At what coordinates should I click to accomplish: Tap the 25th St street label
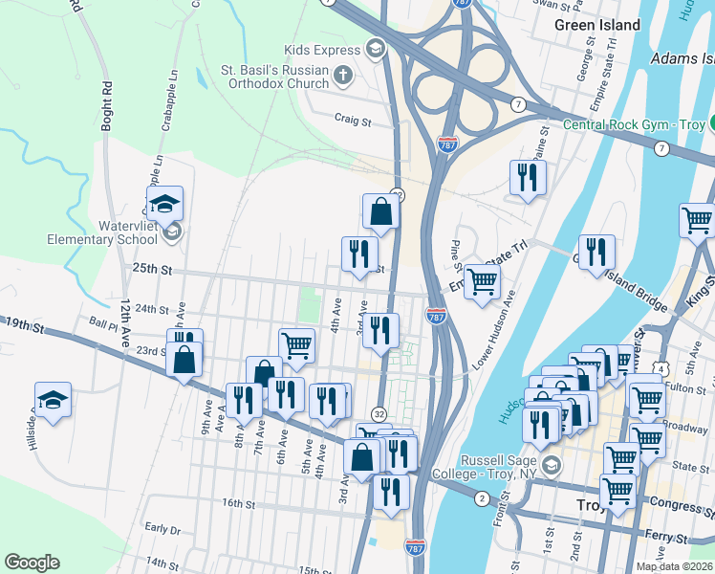pos(151,271)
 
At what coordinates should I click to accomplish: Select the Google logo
pos(32,563)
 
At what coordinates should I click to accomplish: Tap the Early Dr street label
pos(162,528)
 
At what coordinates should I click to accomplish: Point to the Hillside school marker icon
pos(54,400)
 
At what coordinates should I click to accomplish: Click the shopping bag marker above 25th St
pos(380,212)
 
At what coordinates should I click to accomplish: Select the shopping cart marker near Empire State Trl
pos(483,280)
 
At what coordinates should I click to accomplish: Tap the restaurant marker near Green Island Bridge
pos(596,253)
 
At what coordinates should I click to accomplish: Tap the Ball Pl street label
pos(100,322)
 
